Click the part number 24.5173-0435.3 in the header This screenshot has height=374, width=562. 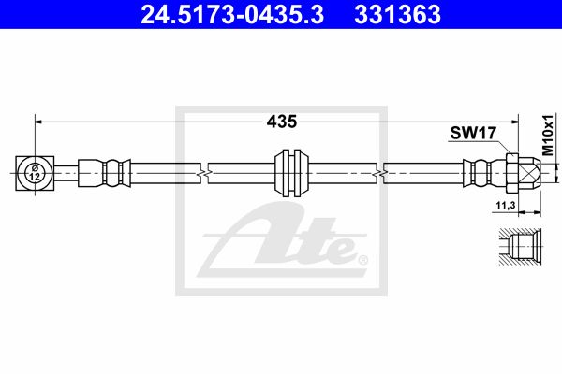pos(232,15)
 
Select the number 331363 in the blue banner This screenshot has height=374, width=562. pos(397,15)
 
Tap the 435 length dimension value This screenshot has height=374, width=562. pos(282,122)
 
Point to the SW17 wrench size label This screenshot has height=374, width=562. pos(473,133)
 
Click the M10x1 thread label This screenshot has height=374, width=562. pos(548,136)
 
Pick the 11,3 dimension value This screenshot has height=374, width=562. pos(506,205)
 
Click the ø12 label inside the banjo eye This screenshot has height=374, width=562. pos(35,172)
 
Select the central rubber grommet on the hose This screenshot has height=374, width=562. pos(291,173)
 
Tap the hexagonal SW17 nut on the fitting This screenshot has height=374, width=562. pos(513,173)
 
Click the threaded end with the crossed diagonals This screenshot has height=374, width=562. pos(529,173)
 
